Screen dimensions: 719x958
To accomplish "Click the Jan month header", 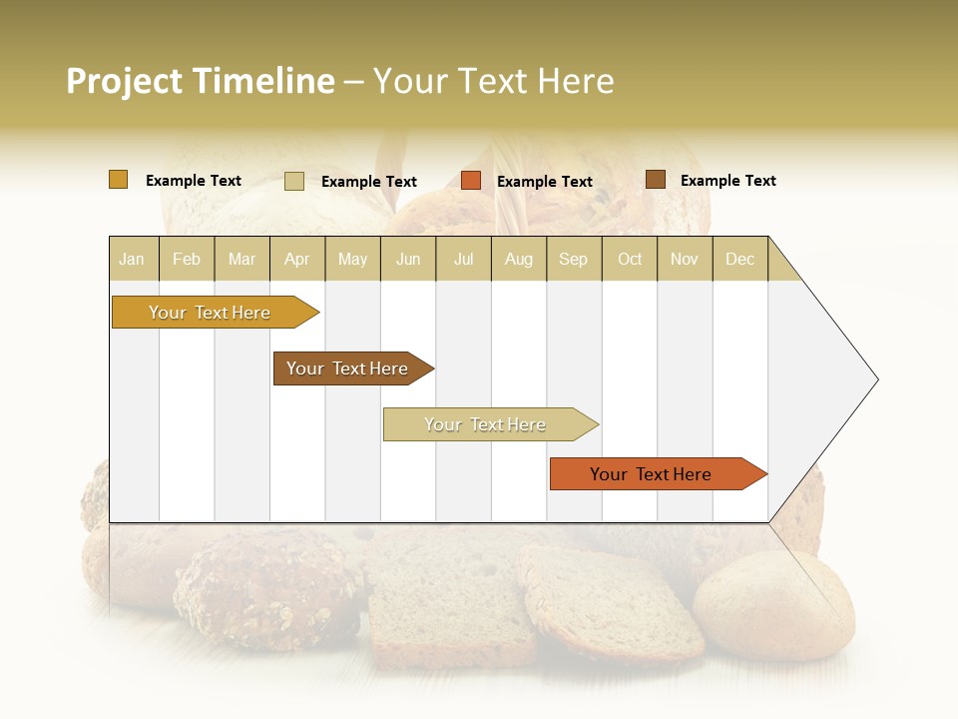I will (x=133, y=259).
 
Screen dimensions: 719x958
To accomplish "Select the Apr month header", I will (x=297, y=259).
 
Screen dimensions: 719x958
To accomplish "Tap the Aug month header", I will (x=519, y=259).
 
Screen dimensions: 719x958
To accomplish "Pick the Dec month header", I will (x=739, y=259).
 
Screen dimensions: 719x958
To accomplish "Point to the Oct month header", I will (x=630, y=259).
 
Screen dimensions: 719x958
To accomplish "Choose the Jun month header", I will (x=408, y=259).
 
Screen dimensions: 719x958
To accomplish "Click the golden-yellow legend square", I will (x=118, y=180).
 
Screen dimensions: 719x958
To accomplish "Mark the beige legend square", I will (x=293, y=181).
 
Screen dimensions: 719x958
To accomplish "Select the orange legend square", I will (x=471, y=181).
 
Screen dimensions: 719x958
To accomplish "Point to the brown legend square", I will (x=655, y=180).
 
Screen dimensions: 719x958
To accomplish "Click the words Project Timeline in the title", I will (x=200, y=81).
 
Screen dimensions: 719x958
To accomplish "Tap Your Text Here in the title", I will (x=494, y=81).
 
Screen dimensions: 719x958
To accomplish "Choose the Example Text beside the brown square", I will (x=727, y=181).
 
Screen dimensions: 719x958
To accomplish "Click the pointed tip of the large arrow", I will (x=874, y=379).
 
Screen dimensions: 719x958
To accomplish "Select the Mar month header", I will (x=241, y=259).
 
